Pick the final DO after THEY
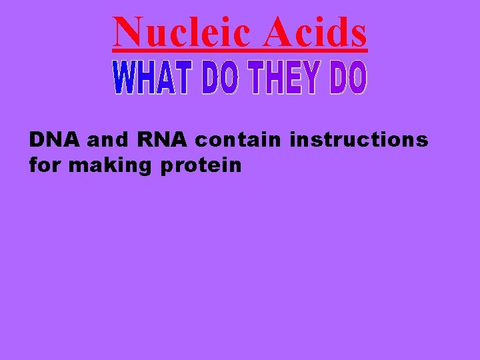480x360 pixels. tap(347, 78)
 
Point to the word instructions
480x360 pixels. tap(359, 141)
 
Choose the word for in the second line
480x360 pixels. tap(45, 165)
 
